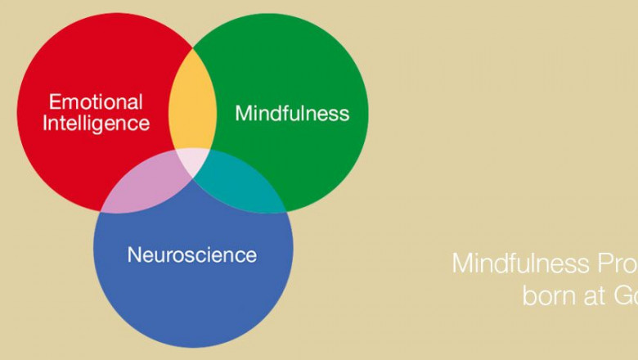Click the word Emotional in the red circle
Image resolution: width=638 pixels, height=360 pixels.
tap(96, 103)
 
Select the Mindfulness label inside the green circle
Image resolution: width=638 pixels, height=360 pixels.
tap(292, 113)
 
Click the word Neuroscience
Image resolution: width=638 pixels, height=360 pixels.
tap(191, 254)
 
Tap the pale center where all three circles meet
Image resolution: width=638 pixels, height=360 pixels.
tap(194, 160)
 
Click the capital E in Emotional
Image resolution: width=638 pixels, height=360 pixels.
tap(54, 103)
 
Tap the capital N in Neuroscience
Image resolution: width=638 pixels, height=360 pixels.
tap(133, 254)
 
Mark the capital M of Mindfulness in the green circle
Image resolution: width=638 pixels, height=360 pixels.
tap(243, 113)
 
